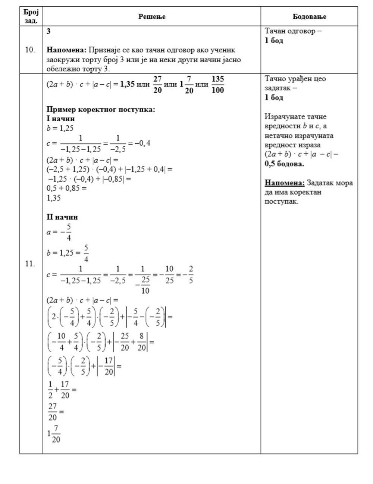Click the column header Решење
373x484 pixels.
[152, 16]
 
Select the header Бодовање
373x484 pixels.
[309, 16]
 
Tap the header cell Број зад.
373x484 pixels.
[31, 16]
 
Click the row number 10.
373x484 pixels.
[30, 50]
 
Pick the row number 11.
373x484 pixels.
[30, 264]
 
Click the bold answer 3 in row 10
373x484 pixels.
[48, 31]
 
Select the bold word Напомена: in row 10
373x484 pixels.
[66, 50]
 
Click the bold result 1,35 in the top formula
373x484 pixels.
[126, 84]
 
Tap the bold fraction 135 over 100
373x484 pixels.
[218, 84]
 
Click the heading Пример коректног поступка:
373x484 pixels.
[101, 109]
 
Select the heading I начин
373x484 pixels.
[60, 119]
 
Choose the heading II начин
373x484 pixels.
[62, 217]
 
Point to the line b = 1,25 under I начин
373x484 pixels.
[60, 128]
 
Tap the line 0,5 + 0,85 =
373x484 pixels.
[66, 188]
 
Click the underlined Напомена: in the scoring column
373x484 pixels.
[285, 183]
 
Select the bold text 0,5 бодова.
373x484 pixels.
[284, 164]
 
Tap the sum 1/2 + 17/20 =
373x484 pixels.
[62, 390]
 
